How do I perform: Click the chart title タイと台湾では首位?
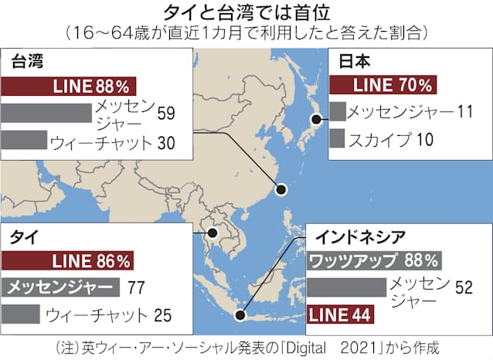pos(247,13)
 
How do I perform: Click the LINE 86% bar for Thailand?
pos(70,261)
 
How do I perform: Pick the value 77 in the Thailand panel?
pos(136,288)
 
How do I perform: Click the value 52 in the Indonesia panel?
pos(464,287)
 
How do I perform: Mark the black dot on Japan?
pos(316,118)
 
